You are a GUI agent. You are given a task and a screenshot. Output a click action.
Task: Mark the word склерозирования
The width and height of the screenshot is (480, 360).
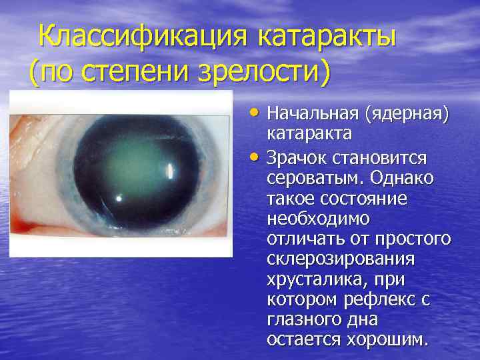point(340,259)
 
